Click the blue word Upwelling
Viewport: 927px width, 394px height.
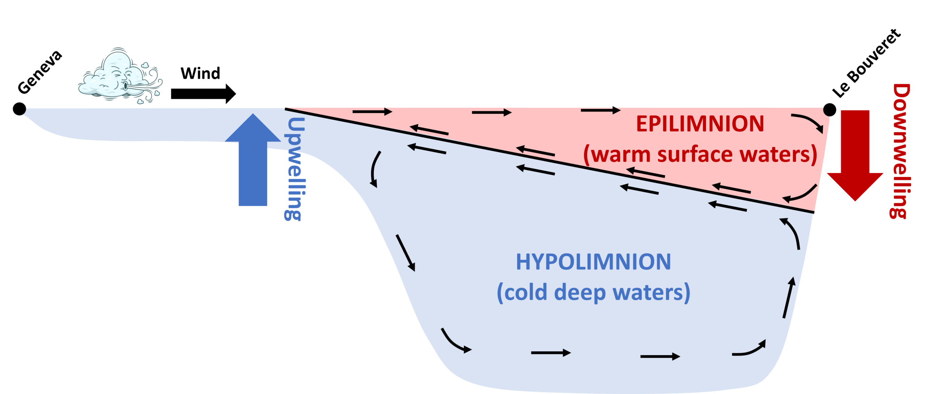pyautogui.click(x=294, y=168)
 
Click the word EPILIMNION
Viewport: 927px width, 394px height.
pyautogui.click(x=700, y=124)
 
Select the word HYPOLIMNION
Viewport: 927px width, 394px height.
pyautogui.click(x=593, y=262)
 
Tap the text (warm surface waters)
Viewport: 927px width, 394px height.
pyautogui.click(x=700, y=155)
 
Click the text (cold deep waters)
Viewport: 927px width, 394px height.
pyautogui.click(x=593, y=293)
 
